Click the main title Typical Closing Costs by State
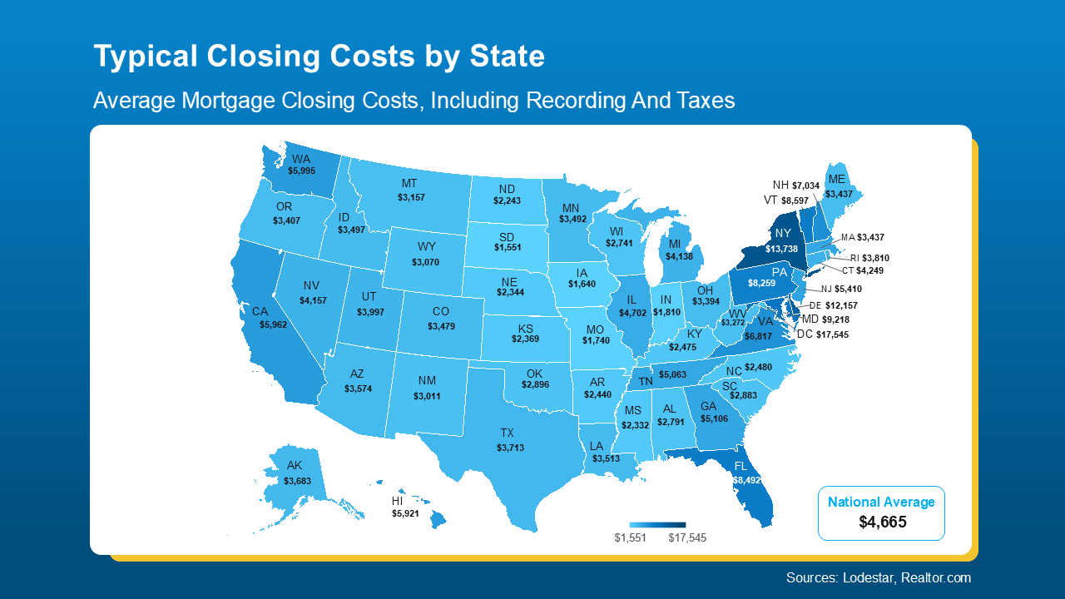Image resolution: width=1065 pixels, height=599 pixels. [x=319, y=57]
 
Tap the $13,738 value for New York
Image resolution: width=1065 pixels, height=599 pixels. [x=782, y=249]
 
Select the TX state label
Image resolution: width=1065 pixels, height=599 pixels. [x=507, y=433]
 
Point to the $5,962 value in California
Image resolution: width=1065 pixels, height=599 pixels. [x=273, y=324]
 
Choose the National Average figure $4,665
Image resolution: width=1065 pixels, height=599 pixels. [x=882, y=522]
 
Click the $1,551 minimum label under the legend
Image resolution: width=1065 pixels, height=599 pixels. [x=630, y=538]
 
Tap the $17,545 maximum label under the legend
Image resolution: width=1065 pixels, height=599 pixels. [x=687, y=538]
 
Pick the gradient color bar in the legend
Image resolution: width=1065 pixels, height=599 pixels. [x=657, y=525]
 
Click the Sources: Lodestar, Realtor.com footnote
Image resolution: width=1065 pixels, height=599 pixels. [x=878, y=577]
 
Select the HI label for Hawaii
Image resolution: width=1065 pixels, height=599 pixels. [x=399, y=502]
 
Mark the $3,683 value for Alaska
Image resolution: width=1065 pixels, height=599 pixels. [x=297, y=481]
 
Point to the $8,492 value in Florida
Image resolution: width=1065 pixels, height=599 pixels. [x=746, y=480]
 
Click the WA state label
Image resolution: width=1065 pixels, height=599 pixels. [x=300, y=158]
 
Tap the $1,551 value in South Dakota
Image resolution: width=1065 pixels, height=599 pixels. [x=508, y=248]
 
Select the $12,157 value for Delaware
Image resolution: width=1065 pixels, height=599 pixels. [x=841, y=305]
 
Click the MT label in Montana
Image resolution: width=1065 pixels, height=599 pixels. [x=409, y=184]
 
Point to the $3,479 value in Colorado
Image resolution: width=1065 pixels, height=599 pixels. [x=441, y=325]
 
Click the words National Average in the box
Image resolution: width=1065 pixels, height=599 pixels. [x=881, y=502]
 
